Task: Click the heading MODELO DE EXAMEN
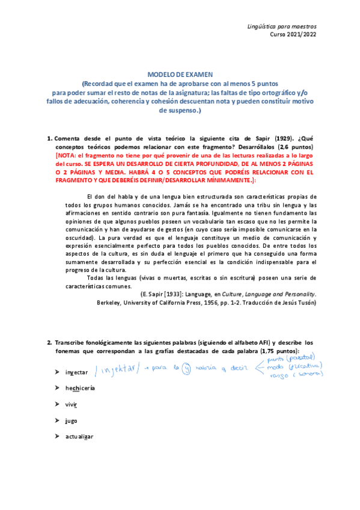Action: tap(180, 73)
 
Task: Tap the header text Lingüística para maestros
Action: tap(282, 27)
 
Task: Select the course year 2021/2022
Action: tap(298, 35)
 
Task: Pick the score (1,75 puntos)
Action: tap(272, 351)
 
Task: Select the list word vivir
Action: tap(73, 404)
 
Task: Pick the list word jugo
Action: tap(72, 420)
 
